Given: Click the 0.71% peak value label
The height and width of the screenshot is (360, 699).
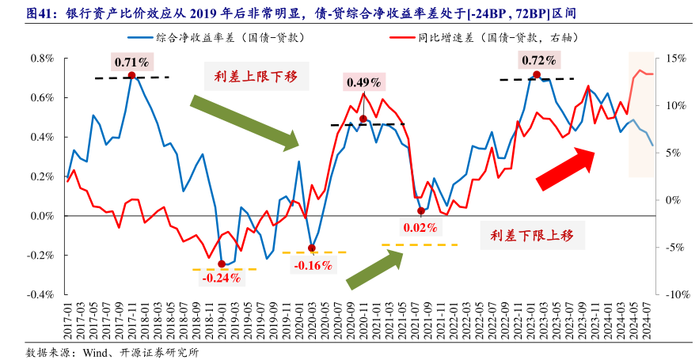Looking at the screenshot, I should tap(132, 62).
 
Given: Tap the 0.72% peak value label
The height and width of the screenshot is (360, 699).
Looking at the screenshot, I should tap(538, 60).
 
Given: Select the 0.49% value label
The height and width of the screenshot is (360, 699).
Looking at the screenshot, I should tap(364, 81).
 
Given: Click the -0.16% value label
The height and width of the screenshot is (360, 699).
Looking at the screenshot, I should tap(313, 265).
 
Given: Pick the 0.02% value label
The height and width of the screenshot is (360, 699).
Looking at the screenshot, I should tap(420, 228).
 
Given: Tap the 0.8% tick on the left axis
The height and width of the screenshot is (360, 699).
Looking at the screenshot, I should tap(40, 59).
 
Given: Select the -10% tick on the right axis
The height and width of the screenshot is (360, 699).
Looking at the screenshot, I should tap(677, 294).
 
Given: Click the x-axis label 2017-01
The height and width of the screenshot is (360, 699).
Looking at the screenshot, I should tap(67, 320).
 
